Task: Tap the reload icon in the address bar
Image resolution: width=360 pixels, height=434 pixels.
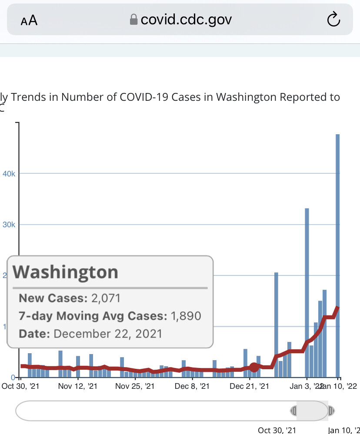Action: point(333,20)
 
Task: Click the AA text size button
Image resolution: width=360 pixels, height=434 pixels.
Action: point(29,20)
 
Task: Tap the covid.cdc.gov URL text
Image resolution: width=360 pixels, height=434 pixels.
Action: point(186,20)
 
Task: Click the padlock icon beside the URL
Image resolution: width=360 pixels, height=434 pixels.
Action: point(134,20)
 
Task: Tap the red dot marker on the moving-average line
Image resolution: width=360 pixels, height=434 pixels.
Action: point(254,367)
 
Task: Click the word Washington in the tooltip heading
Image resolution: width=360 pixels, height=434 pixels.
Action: point(66,272)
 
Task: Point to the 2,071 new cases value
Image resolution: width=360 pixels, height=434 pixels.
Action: point(105,298)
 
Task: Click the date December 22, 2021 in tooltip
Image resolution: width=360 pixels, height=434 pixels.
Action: point(108,334)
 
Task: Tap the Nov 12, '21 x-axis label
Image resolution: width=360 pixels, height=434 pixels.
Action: point(78,385)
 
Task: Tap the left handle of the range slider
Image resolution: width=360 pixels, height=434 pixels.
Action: point(294,411)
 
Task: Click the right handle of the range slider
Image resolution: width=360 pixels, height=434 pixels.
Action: point(331,411)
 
